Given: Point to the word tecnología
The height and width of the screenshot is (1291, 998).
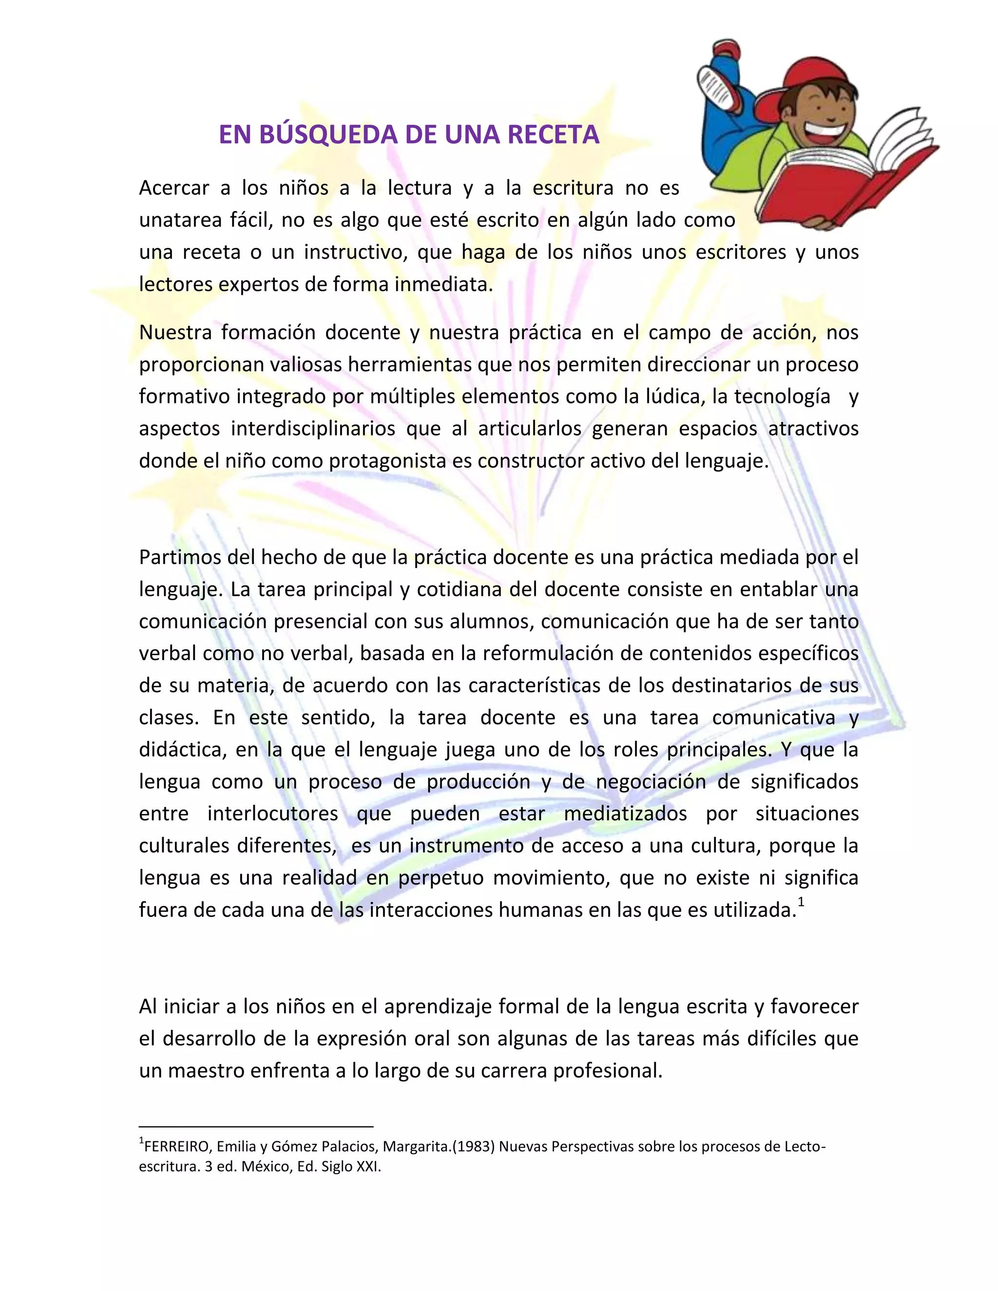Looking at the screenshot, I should (782, 397).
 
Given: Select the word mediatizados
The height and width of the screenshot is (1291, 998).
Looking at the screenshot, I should (625, 814).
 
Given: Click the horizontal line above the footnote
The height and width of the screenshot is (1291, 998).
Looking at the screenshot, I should (256, 1127).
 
